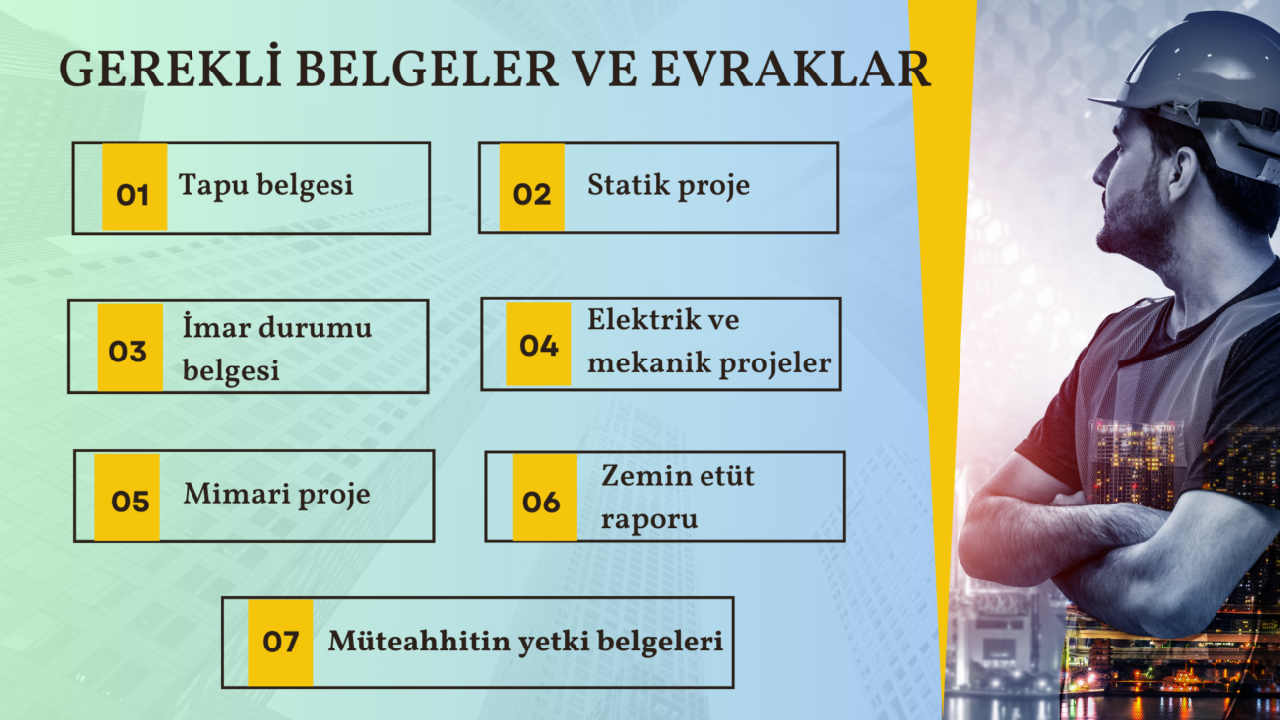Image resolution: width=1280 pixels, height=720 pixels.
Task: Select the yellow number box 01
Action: tap(134, 188)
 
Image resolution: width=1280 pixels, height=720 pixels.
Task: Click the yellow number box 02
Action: tap(532, 188)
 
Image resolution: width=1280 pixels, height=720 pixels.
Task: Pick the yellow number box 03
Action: tap(129, 347)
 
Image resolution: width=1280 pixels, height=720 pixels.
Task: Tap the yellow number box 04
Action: tap(539, 344)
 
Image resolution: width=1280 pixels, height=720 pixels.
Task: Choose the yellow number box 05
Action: tap(127, 498)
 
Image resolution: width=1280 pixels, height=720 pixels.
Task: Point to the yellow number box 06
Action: tap(544, 498)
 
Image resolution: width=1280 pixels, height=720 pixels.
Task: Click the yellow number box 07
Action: tap(280, 642)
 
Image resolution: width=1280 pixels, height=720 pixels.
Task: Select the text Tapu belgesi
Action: tap(266, 185)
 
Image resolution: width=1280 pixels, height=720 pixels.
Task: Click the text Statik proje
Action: tap(668, 185)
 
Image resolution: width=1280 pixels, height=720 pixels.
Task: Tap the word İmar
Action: tap(216, 327)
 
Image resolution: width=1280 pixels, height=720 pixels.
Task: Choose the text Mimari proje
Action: tap(276, 494)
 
